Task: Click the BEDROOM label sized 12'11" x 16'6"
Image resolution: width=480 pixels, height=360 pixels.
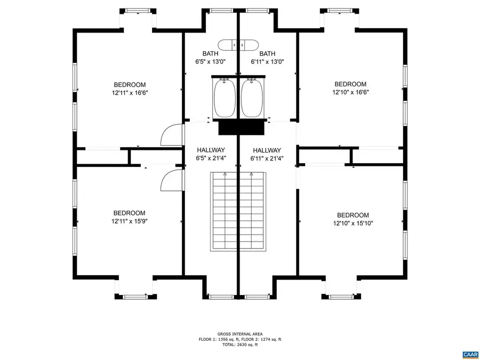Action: tap(129, 85)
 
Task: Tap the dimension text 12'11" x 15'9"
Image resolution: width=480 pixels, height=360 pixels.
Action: tap(129, 221)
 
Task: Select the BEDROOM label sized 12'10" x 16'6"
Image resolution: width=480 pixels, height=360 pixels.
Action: tap(350, 84)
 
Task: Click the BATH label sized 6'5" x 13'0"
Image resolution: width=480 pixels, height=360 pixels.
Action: tap(210, 53)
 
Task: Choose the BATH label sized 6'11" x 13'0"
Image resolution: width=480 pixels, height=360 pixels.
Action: tap(267, 53)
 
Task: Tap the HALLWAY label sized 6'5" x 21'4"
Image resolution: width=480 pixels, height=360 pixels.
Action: tap(210, 150)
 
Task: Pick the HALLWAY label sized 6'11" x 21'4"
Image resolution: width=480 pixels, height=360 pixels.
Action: tap(267, 150)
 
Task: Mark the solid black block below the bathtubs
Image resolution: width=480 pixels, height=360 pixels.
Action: tap(242, 128)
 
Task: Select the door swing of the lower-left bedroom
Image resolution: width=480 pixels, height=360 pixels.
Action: tap(170, 180)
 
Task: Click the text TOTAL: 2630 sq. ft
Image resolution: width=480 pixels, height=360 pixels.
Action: tap(239, 345)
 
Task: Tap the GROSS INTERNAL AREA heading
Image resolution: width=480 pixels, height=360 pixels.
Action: tap(239, 333)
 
